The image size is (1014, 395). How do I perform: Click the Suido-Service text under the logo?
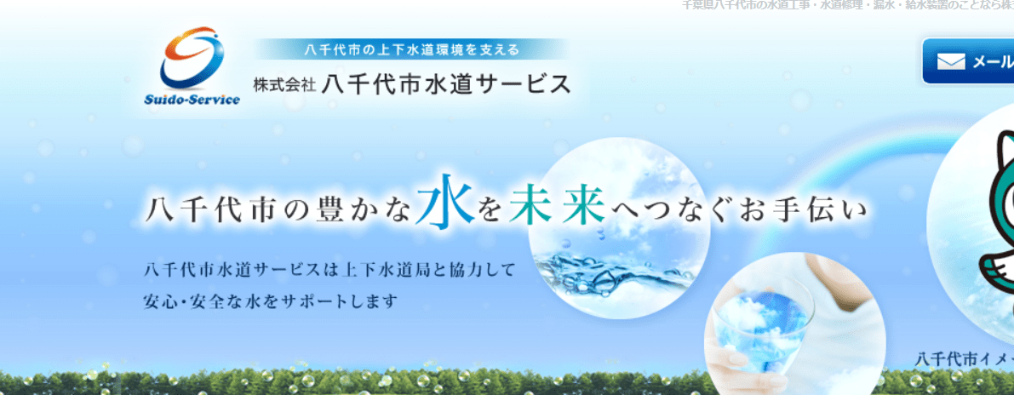[192, 99]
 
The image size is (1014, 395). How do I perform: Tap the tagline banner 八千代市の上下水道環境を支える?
[412, 49]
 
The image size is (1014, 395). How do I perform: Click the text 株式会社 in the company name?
[284, 85]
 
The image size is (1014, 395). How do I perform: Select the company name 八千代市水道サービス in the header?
[447, 84]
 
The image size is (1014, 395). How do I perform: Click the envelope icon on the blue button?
[951, 61]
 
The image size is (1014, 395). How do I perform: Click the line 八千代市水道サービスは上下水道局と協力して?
[330, 272]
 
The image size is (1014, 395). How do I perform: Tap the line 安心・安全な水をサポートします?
[272, 301]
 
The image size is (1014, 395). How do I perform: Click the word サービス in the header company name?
[534, 84]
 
